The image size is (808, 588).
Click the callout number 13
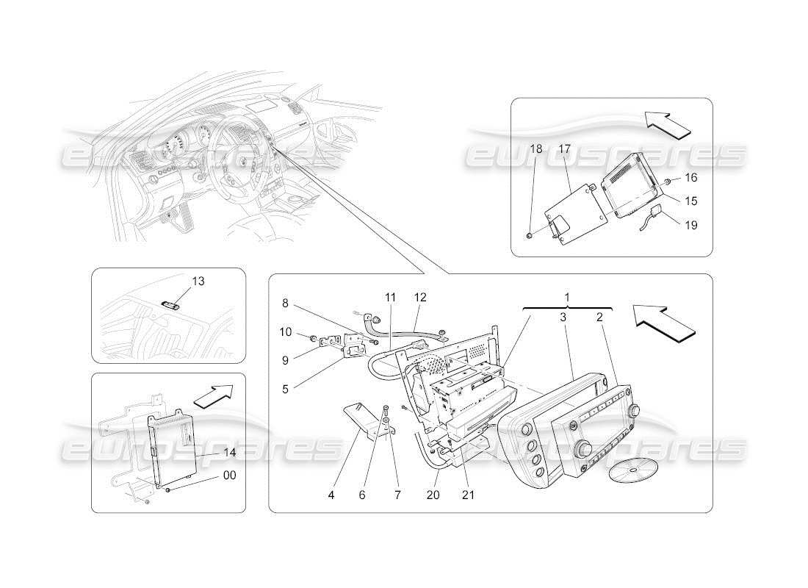coord(198,281)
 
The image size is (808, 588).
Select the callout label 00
coord(230,476)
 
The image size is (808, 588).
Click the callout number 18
coord(536,149)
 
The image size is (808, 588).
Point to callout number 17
coord(564,149)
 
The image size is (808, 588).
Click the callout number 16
coord(690,177)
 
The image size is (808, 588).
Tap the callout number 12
coord(419,298)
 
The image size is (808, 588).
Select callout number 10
coord(286,331)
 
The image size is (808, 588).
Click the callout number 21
coord(468,495)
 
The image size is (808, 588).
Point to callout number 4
coord(331,495)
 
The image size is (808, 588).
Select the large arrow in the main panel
coord(663,323)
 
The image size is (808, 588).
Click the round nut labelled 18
coord(530,237)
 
